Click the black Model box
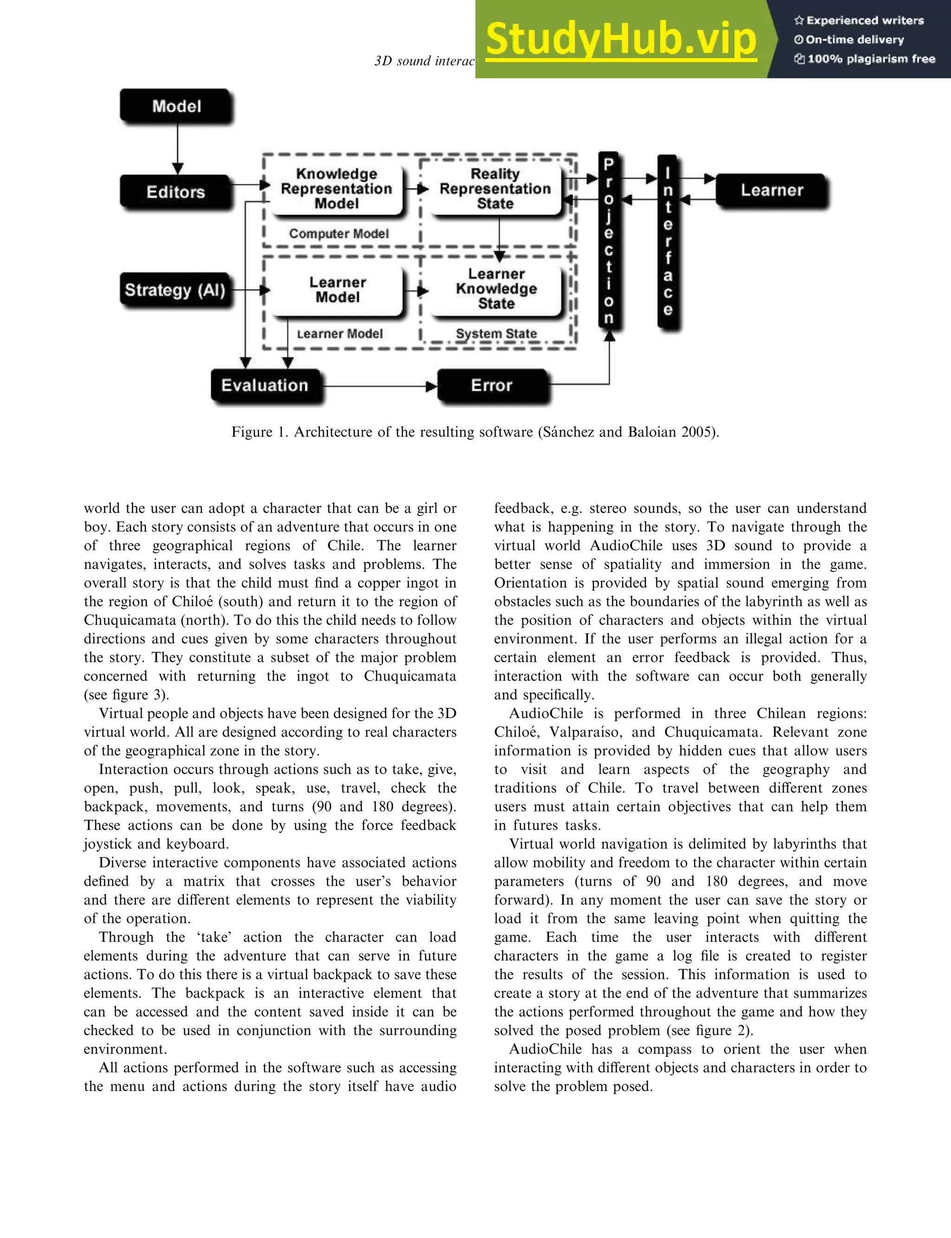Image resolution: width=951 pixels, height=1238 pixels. [176, 106]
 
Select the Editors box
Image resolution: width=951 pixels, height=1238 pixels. [176, 192]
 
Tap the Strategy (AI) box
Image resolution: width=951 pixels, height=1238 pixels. [176, 290]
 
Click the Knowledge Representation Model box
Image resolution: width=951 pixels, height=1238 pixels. [337, 189]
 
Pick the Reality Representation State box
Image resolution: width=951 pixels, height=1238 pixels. [495, 189]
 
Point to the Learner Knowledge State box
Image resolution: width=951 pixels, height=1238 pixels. [496, 289]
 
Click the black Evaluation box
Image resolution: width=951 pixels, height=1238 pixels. [265, 386]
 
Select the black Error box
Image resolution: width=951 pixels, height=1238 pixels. [491, 386]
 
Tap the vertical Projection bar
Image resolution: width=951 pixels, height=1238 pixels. [608, 240]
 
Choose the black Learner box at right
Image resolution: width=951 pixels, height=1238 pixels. [772, 190]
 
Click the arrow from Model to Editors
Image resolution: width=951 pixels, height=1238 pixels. [177, 148]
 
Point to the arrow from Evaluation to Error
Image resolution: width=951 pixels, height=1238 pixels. [379, 387]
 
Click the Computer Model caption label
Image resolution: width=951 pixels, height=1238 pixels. [339, 233]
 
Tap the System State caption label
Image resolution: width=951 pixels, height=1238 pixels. [496, 334]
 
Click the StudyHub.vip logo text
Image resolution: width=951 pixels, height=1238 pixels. [621, 39]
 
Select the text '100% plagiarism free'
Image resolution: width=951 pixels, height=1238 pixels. [871, 59]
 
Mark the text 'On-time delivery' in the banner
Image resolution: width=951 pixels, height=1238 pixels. [855, 39]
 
